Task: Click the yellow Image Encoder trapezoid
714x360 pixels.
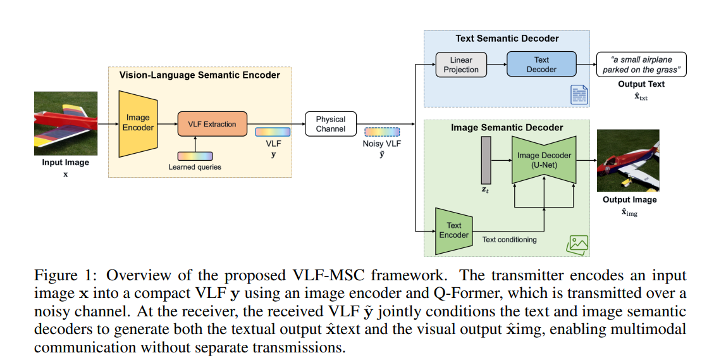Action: click(x=137, y=123)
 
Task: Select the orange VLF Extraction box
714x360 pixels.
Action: click(x=212, y=124)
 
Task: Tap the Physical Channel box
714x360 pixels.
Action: click(x=331, y=123)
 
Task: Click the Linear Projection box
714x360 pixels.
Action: click(x=461, y=65)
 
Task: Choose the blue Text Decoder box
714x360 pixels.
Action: click(x=541, y=65)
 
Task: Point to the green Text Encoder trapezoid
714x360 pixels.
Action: click(x=454, y=230)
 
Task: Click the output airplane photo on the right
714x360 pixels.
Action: click(x=627, y=161)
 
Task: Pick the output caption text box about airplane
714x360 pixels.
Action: click(x=641, y=65)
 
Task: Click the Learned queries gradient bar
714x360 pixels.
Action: click(x=195, y=156)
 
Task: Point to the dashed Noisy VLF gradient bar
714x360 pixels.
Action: click(x=382, y=132)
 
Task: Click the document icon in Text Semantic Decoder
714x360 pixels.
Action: click(x=579, y=95)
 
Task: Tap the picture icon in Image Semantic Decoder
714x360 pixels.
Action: click(x=579, y=243)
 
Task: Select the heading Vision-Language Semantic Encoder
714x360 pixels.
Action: click(x=199, y=75)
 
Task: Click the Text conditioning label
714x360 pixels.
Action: click(x=509, y=240)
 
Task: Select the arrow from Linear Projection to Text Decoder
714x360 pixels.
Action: click(x=496, y=65)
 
